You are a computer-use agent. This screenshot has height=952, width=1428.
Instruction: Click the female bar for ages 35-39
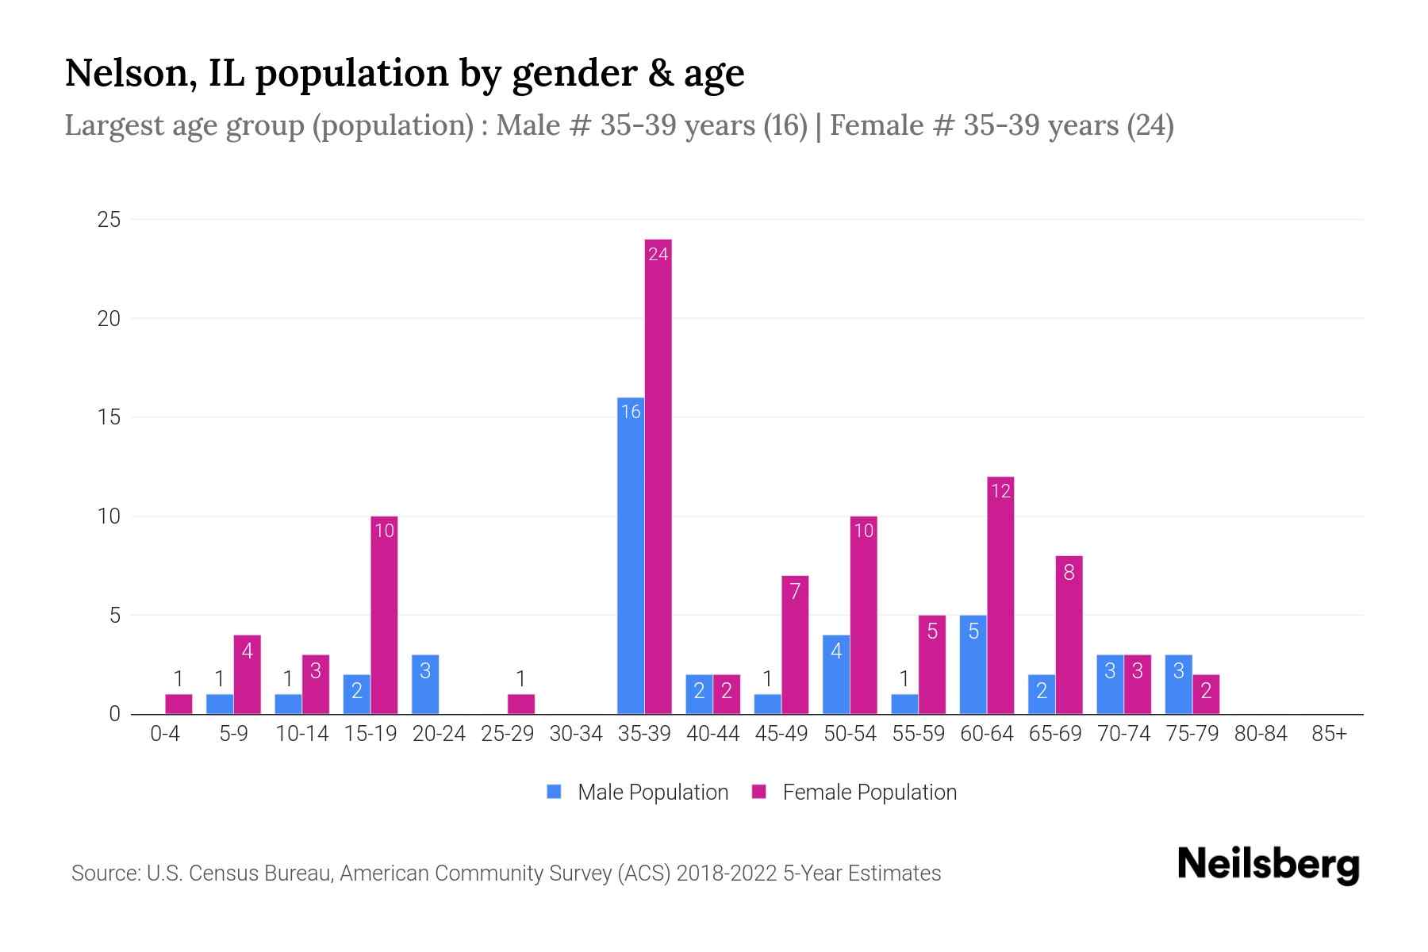coord(658,476)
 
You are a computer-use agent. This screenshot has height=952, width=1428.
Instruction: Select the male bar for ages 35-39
coord(631,555)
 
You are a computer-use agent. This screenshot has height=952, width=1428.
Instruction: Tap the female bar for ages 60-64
coord(1000,595)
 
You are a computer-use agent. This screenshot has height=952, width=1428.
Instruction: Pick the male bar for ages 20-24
coord(425,684)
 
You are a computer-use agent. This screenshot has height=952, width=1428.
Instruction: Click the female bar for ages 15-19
coord(384,615)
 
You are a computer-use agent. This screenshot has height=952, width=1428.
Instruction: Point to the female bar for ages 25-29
coord(521,704)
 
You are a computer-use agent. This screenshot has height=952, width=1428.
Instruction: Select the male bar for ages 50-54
coord(836,674)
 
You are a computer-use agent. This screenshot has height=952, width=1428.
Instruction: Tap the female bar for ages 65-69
coord(1069,635)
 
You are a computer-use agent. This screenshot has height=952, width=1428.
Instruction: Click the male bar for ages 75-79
coord(1178,684)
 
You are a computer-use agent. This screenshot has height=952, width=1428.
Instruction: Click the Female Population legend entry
coord(854,792)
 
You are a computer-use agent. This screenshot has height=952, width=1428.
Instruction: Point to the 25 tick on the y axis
coord(109,220)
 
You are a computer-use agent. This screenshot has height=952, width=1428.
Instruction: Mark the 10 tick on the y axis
coord(109,516)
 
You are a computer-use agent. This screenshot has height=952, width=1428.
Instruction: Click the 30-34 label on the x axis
coord(576,734)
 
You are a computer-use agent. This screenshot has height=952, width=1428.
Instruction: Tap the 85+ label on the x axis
coord(1329,734)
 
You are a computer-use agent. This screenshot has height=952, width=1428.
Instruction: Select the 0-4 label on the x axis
coord(165,734)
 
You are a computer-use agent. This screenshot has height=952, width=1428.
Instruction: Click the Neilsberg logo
coord(1268,864)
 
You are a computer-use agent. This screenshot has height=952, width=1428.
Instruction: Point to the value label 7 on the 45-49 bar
coord(795,590)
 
